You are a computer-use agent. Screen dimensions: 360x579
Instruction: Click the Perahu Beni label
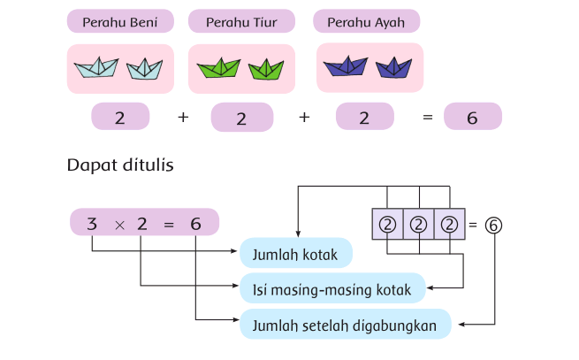click(119, 22)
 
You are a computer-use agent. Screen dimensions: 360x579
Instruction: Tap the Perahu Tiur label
click(240, 22)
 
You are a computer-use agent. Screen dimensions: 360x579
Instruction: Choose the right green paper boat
click(265, 68)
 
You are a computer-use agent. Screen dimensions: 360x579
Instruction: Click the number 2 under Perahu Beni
click(120, 117)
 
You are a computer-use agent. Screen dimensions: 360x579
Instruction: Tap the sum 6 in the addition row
click(472, 117)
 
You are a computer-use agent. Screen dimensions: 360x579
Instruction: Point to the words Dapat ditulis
click(113, 165)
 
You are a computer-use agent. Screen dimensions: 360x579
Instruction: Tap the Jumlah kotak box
click(296, 254)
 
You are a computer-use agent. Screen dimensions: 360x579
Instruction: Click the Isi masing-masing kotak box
click(332, 287)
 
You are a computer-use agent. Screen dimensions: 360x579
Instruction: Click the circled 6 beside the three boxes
click(494, 225)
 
